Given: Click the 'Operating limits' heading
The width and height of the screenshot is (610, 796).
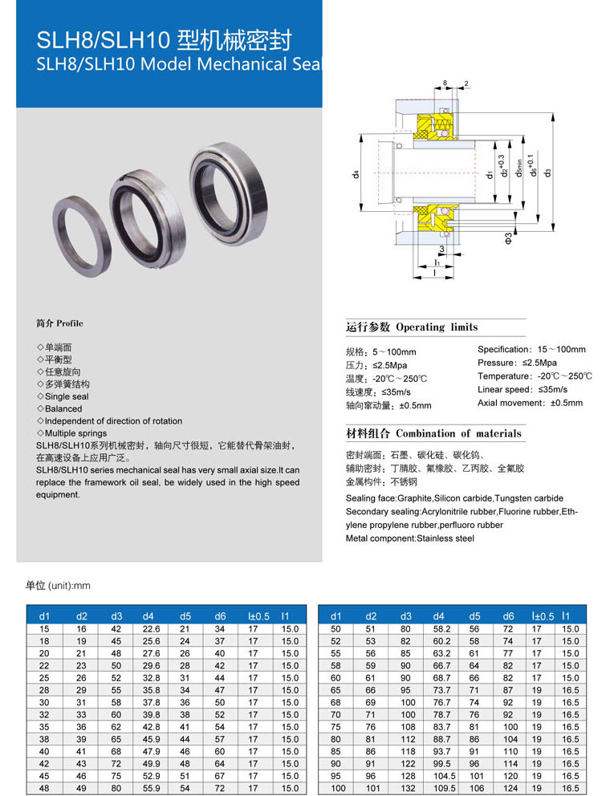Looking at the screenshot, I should pos(437,327).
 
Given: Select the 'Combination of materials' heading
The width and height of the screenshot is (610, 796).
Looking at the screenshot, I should pos(458,434).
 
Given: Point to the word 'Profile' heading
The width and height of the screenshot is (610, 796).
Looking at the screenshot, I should pos(70,323).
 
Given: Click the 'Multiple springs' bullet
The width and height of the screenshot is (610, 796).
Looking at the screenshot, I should pos(75,433).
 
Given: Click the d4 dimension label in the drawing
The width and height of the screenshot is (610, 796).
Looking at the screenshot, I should pos(356,175).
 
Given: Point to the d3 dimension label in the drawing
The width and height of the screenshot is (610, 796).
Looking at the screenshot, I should pos(547,173).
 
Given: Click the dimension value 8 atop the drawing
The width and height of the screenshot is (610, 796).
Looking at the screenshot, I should pos(445,83).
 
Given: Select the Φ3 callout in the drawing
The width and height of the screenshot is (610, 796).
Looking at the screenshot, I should pos(508,237).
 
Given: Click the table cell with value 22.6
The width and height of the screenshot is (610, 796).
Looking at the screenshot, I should pos(151,629).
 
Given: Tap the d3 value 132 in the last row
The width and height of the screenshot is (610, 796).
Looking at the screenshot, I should pos(409,788).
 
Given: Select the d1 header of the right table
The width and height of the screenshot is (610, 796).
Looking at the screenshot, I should pos(335,616).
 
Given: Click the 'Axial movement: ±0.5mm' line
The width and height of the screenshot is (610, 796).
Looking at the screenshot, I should pos(530,403).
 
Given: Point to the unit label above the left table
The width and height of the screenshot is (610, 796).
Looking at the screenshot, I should pos(58,586).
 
